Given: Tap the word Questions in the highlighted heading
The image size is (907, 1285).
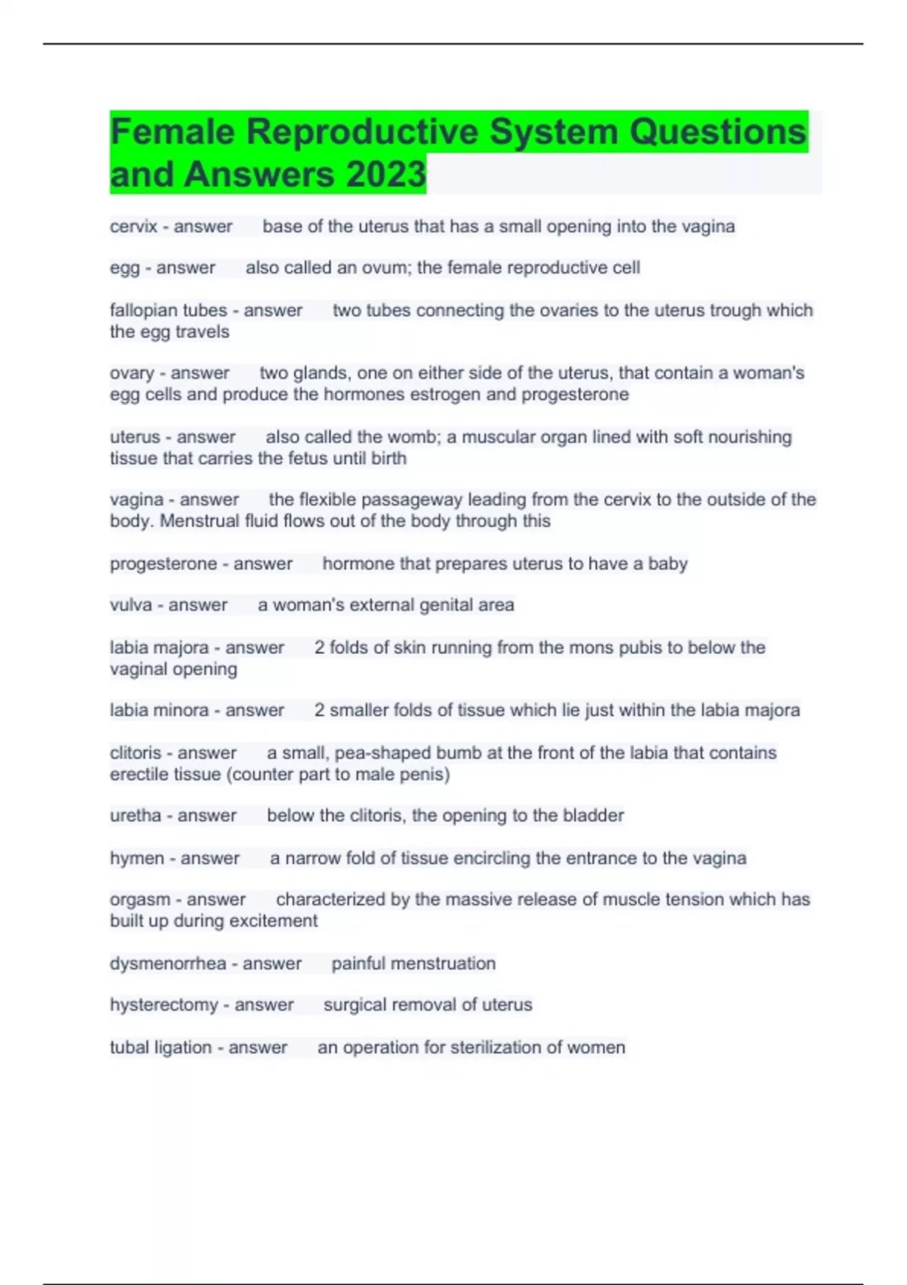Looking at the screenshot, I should [x=718, y=132].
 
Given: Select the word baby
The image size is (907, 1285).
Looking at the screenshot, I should [x=667, y=564].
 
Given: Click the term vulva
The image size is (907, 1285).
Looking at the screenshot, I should [x=131, y=605].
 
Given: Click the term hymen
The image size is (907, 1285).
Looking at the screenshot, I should [x=137, y=858].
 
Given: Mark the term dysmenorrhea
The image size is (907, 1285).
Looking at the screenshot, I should [x=168, y=964].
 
